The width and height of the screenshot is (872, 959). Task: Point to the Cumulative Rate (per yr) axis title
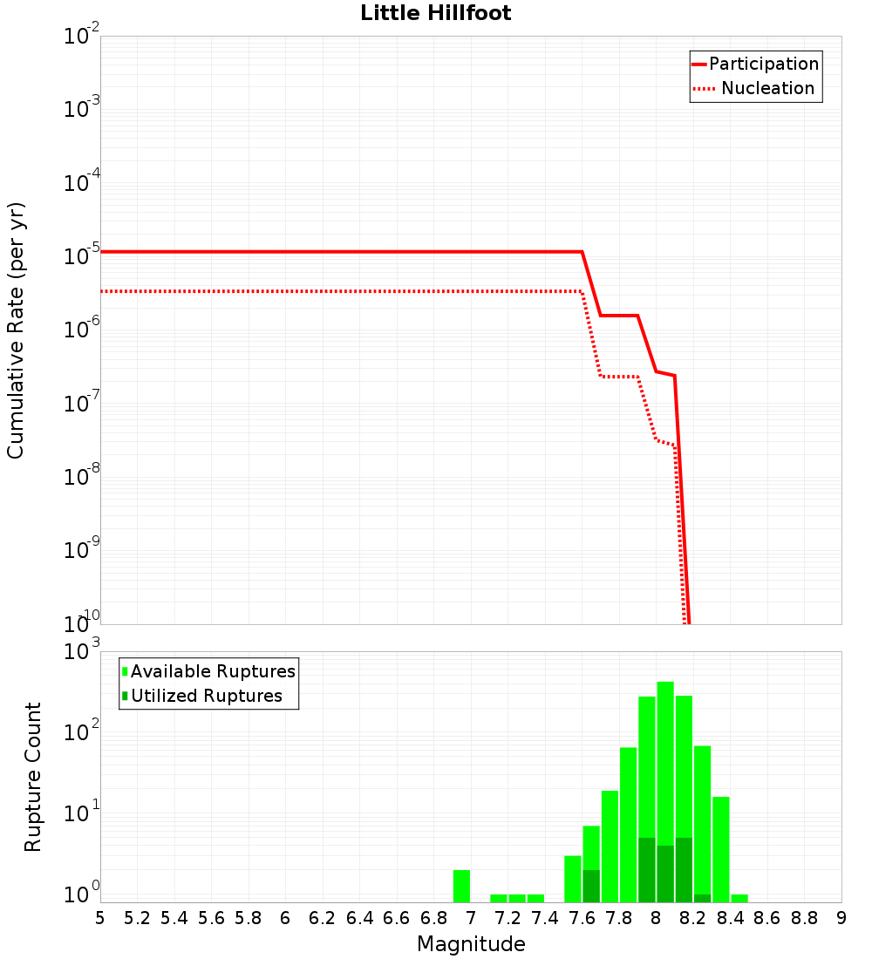coord(16,330)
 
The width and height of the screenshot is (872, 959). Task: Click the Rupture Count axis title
coord(32,777)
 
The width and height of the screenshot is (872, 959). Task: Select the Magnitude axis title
coord(471,943)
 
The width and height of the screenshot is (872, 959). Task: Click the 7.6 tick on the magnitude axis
coord(582,917)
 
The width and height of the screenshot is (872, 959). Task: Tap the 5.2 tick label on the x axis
coord(137,917)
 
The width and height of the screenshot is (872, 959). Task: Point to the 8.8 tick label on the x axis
coord(804,917)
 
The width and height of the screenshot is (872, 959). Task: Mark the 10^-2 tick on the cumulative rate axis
coord(82,37)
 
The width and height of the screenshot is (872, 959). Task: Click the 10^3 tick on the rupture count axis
coord(82,652)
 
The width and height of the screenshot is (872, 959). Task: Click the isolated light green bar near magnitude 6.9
coord(461,886)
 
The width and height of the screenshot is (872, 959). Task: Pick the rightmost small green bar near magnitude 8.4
coord(739,898)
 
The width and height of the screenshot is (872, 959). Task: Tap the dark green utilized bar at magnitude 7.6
coord(591,886)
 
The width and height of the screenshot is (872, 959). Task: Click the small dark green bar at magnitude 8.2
coord(702,898)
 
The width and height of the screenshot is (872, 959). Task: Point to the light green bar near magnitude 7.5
coord(572,879)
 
